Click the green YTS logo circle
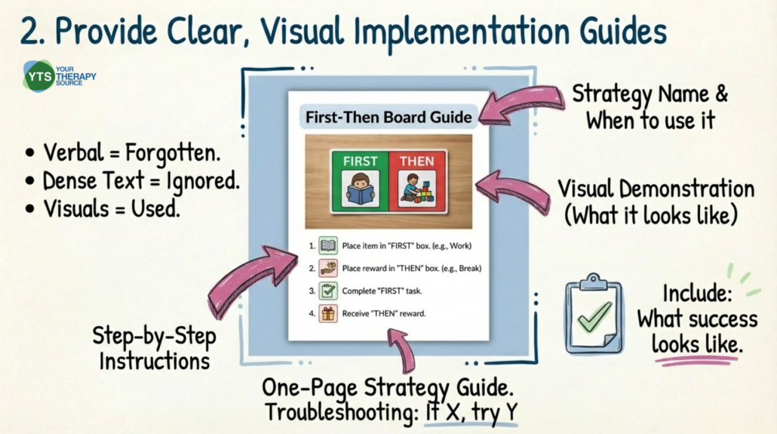[39, 76]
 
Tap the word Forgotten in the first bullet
[173, 152]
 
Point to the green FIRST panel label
[361, 162]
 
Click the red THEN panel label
[416, 162]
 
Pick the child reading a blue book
[361, 189]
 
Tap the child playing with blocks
[417, 189]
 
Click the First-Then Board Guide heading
[388, 117]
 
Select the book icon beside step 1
[327, 245]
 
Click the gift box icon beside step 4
[327, 313]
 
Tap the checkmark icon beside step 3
[327, 291]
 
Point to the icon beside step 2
[327, 269]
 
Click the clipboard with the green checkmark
[594, 315]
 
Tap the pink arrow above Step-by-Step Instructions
[247, 278]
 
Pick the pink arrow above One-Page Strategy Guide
[404, 349]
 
